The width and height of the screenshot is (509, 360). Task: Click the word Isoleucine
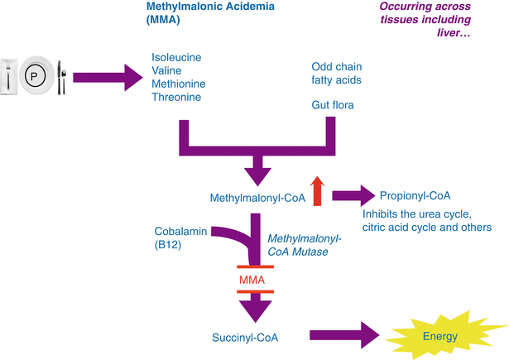tap(176, 57)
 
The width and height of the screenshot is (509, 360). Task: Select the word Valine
tap(166, 70)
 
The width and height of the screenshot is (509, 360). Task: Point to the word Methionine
tap(177, 84)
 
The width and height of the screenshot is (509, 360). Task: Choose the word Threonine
tap(175, 97)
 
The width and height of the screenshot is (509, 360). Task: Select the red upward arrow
tap(318, 189)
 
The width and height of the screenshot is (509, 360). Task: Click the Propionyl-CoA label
tap(416, 196)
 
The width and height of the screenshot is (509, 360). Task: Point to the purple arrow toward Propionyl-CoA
tap(353, 196)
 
